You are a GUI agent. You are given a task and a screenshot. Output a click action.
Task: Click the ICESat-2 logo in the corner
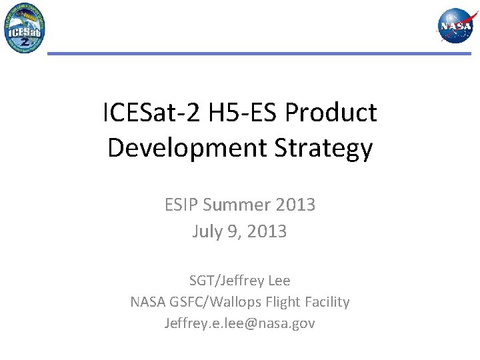(x=25, y=28)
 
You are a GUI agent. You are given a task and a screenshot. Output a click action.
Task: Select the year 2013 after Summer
(x=294, y=205)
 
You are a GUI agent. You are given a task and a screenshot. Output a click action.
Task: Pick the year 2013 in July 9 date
(x=266, y=231)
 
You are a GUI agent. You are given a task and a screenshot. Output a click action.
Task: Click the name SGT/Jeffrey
(x=225, y=281)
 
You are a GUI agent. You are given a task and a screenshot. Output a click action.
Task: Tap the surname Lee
(x=278, y=281)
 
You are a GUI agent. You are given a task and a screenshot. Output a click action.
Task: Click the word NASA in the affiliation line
(x=149, y=302)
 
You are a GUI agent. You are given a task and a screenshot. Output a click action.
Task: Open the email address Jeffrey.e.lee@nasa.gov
(x=240, y=323)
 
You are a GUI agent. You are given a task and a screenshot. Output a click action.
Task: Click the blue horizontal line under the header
(x=259, y=53)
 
